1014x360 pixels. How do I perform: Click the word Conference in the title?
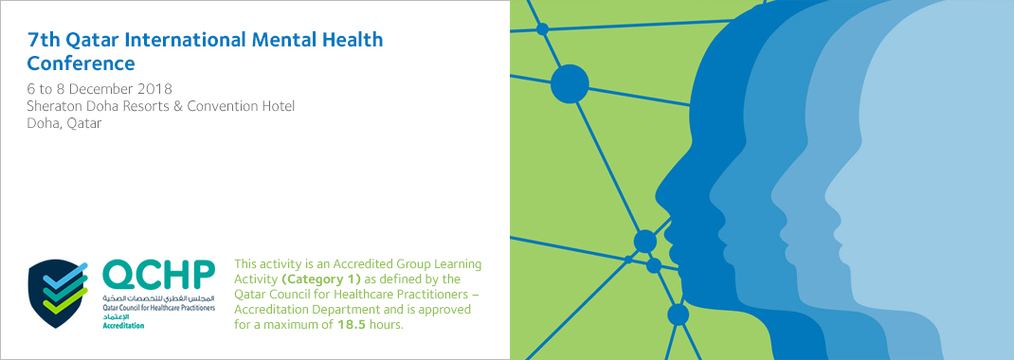tap(81, 63)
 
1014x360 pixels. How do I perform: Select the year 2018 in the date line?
tap(158, 88)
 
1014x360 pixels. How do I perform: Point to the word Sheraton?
tap(54, 106)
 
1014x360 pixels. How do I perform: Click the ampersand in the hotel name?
tap(179, 106)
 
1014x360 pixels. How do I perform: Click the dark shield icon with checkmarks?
tap(58, 293)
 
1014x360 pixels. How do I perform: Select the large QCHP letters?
tap(158, 276)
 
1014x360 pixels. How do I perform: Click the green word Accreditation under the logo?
tap(123, 325)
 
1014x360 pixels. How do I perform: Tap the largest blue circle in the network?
tap(570, 84)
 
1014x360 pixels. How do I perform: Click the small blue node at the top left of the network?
tap(543, 28)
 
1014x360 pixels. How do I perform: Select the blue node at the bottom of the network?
tap(678, 315)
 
